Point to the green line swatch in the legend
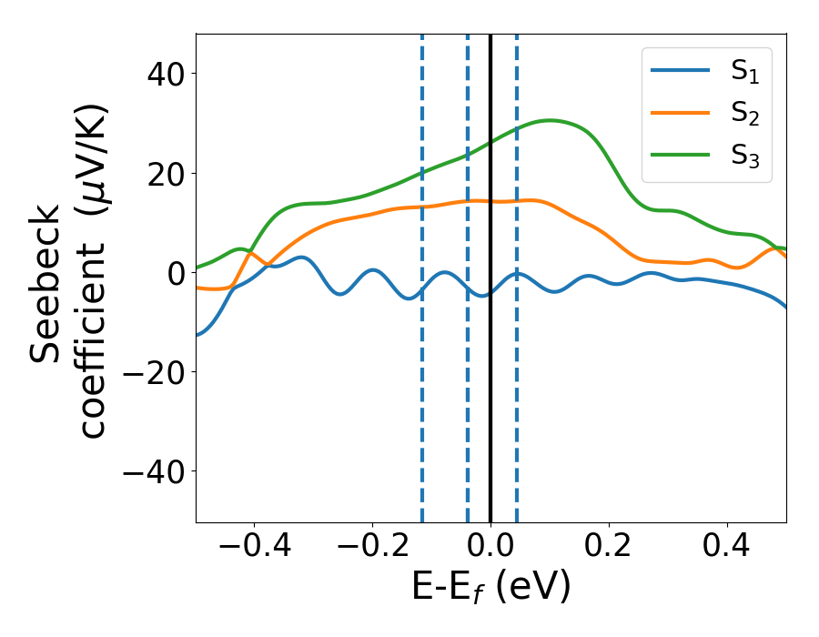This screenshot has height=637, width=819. [x=680, y=155]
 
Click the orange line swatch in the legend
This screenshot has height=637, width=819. [x=680, y=114]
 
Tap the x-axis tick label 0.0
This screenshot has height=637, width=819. [x=490, y=548]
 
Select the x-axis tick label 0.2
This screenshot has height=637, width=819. [x=609, y=548]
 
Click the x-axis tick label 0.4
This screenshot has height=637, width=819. [x=727, y=548]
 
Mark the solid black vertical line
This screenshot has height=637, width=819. [x=490, y=409]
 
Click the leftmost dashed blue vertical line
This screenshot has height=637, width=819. [x=422, y=409]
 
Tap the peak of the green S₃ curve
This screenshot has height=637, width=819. [x=550, y=120]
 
